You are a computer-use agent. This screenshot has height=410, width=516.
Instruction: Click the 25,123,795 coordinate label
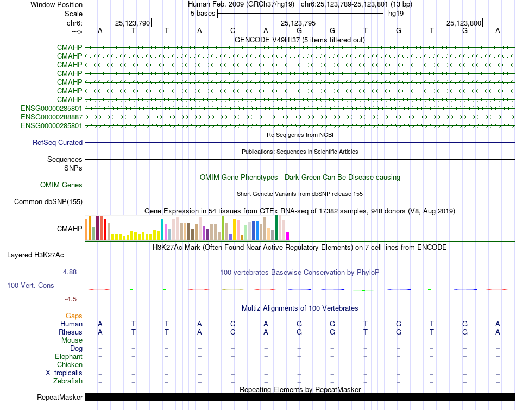pos(298,23)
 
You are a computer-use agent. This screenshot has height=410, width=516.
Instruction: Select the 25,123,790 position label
pos(132,23)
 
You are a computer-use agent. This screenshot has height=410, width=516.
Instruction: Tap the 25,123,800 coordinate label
pos(463,23)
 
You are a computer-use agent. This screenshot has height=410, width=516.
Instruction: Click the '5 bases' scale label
pos(203,14)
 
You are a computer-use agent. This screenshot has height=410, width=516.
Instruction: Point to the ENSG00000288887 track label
pos(52,117)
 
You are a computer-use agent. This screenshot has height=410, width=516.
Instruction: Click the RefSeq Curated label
pos(58,143)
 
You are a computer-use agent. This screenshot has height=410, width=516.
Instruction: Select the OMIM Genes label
pos(61,185)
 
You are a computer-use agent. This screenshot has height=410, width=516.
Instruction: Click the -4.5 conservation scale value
pos(72,299)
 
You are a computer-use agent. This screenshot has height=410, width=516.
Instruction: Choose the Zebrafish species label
pos(68,381)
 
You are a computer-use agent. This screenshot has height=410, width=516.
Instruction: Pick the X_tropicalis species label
pos(64,373)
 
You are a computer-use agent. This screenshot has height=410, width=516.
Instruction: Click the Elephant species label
pos(68,357)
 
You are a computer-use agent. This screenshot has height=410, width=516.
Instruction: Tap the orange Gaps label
pos(74,316)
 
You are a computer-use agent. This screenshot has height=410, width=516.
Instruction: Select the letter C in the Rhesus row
pos(232,332)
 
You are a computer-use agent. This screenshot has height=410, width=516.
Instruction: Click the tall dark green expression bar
pos(276,228)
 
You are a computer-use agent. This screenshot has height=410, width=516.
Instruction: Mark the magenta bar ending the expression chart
pos(287,236)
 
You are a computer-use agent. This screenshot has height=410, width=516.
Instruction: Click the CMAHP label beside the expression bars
pos(70,229)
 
